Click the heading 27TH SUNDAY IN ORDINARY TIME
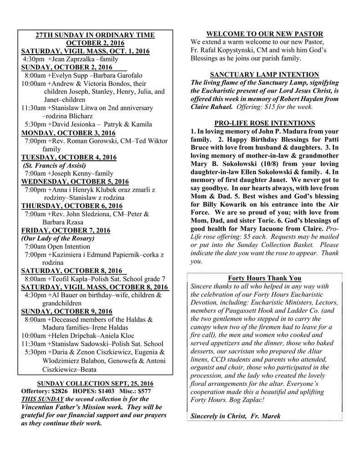[95, 35]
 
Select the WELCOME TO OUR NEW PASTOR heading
[264, 34]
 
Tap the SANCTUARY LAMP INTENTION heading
[264, 75]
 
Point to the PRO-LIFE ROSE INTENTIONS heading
[264, 123]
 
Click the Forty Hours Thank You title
[264, 278]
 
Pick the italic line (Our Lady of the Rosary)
[58, 238]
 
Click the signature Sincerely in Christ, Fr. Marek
[235, 416]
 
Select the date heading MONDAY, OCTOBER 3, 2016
[68, 133]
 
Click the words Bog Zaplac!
[247, 400]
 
